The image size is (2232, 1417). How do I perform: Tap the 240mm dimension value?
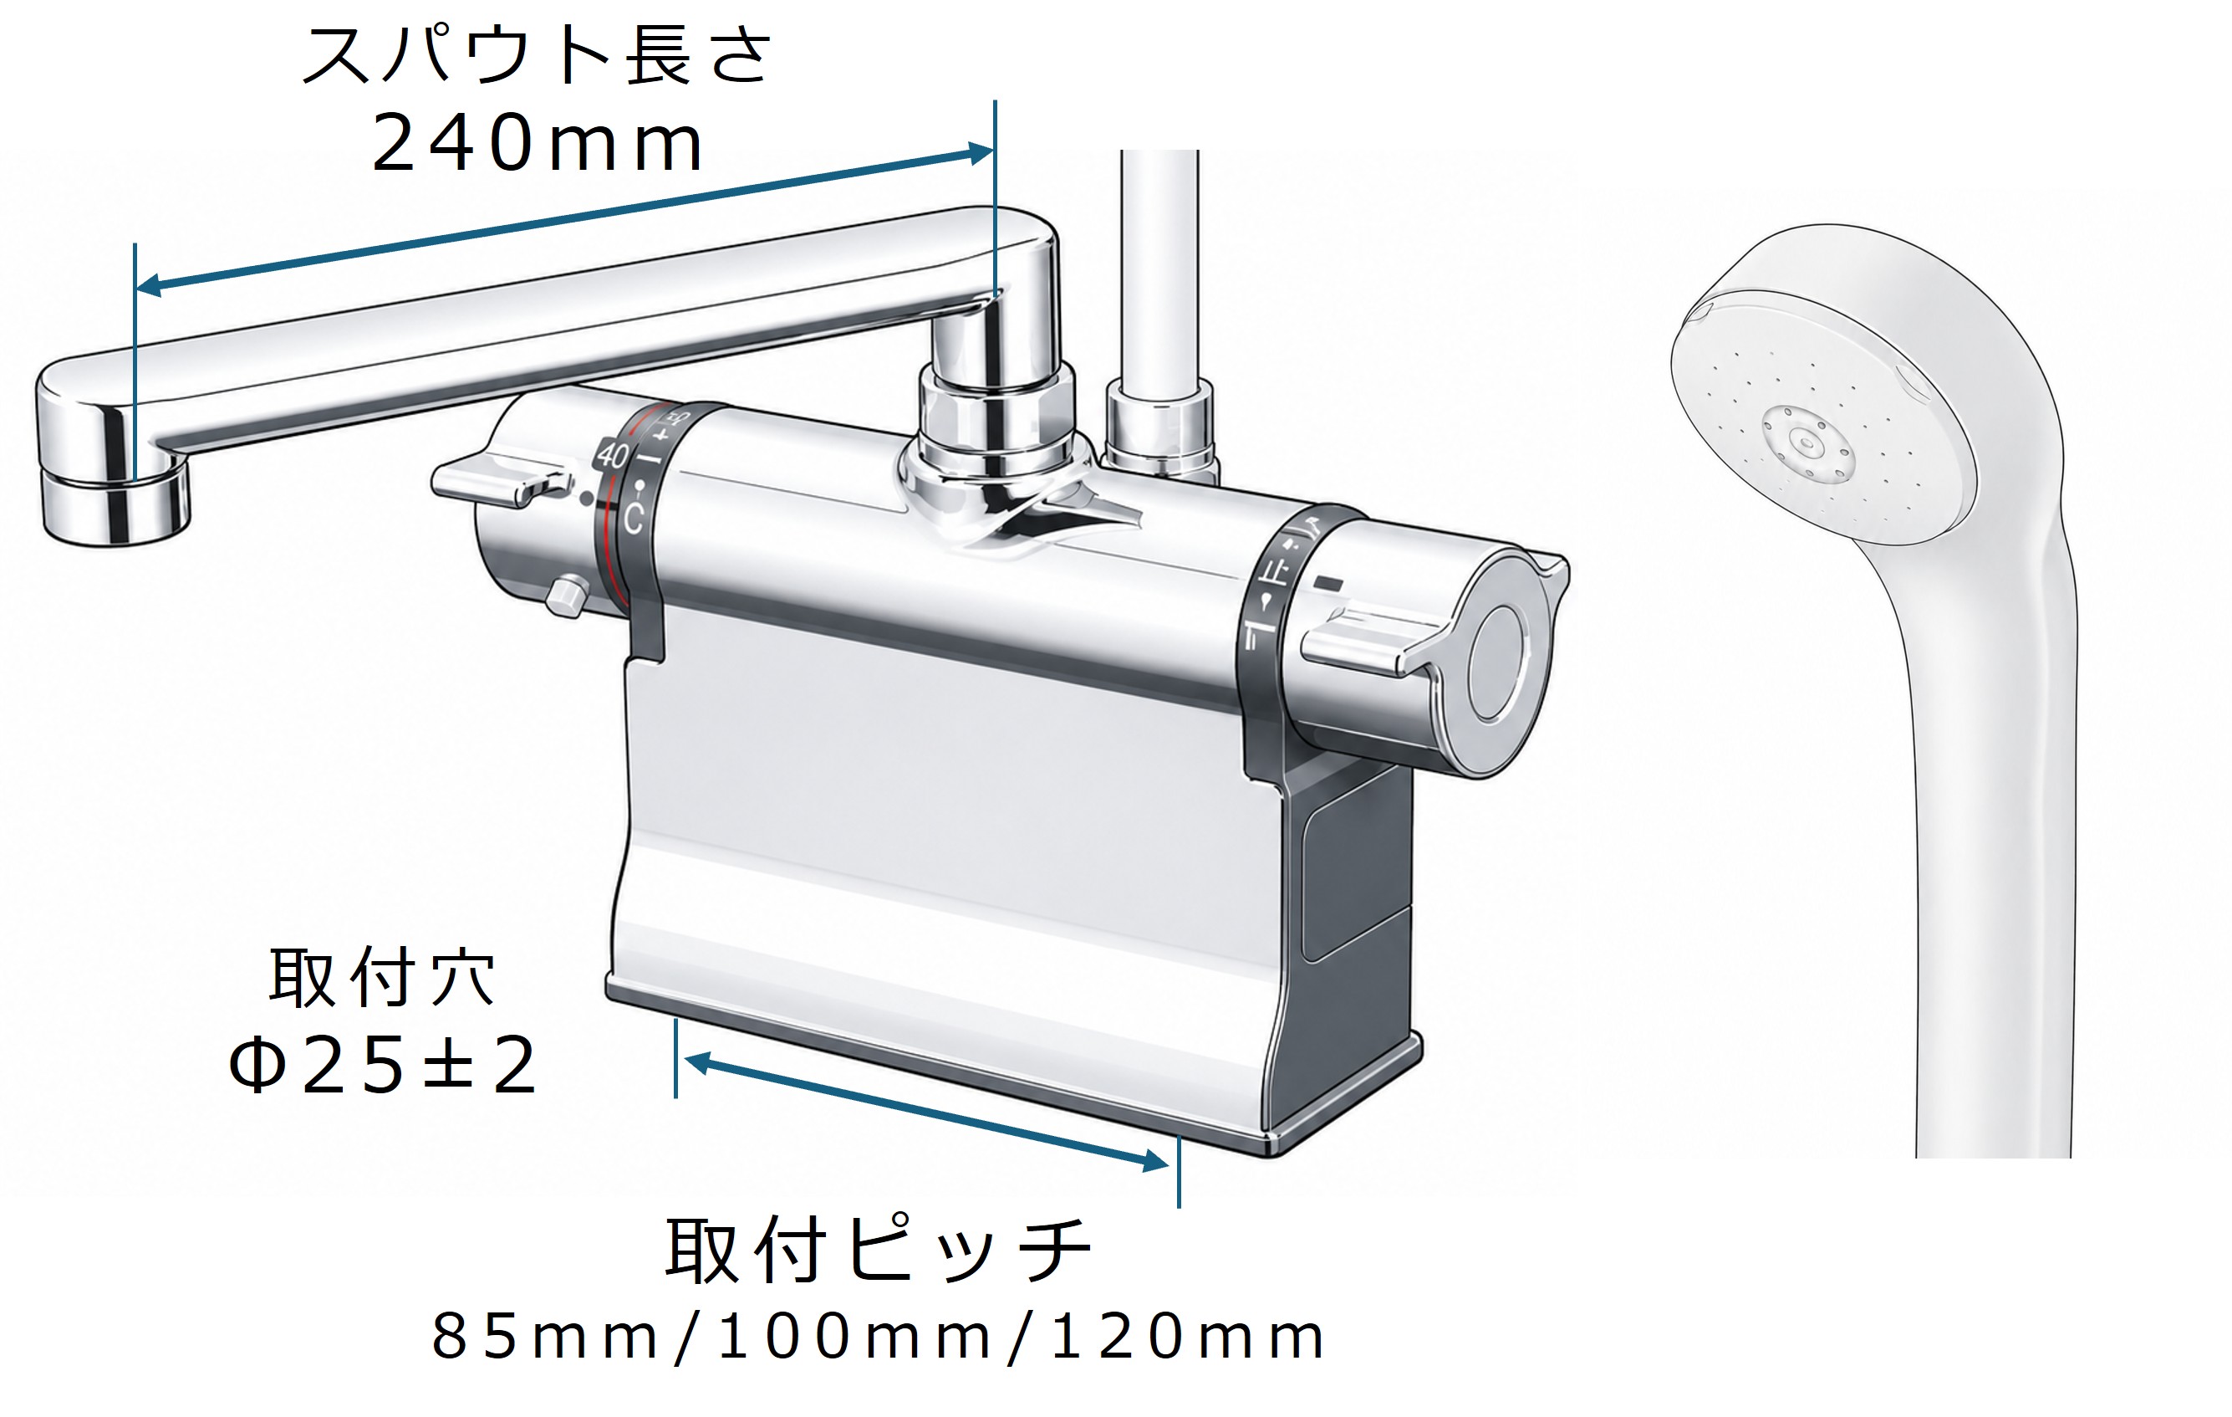[537, 144]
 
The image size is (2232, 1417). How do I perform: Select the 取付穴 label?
[382, 976]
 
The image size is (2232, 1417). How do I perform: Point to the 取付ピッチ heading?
[879, 1250]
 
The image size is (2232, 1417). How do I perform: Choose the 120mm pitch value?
[1187, 1338]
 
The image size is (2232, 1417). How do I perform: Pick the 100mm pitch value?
[854, 1338]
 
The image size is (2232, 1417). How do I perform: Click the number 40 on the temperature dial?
[613, 455]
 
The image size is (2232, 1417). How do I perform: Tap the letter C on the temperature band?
[633, 519]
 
